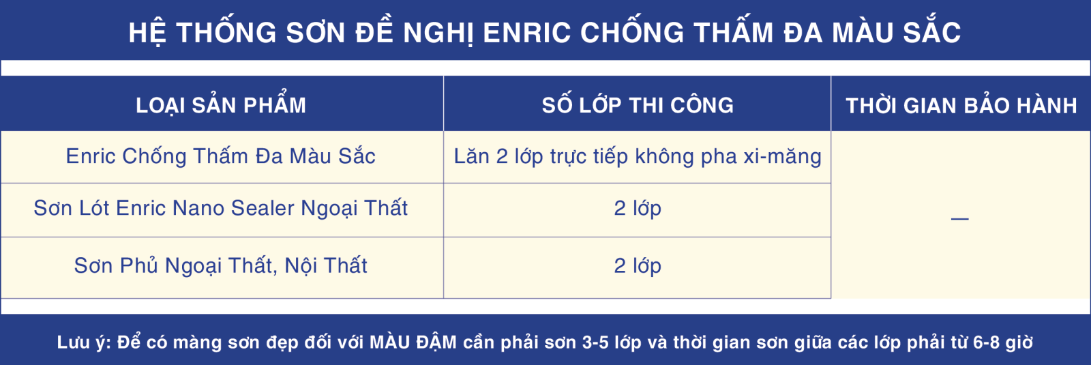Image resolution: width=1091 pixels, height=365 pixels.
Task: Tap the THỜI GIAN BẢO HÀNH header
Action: (x=961, y=105)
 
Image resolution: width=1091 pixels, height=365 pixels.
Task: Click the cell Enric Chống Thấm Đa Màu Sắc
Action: (x=221, y=156)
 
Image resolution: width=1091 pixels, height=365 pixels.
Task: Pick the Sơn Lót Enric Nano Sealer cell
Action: (x=221, y=209)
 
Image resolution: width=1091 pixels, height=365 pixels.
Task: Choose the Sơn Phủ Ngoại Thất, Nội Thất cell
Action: (x=221, y=265)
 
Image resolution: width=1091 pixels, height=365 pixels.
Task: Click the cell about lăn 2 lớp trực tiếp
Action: (x=638, y=157)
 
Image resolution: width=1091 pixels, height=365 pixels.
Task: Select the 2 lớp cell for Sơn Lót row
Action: (x=638, y=209)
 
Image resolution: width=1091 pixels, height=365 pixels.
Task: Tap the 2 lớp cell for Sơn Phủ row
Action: (x=638, y=266)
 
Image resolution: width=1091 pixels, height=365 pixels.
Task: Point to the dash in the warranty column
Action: (x=959, y=219)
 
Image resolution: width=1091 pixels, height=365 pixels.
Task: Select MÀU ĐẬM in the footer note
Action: (x=413, y=342)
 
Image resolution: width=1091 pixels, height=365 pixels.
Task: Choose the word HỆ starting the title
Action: (x=147, y=32)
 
